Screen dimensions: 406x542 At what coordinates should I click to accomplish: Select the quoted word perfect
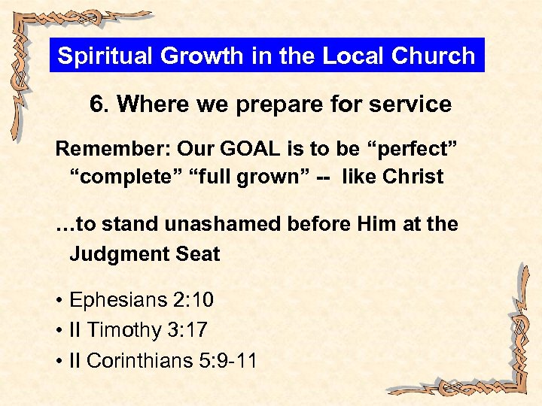click(x=413, y=148)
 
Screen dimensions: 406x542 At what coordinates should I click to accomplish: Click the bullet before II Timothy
click(x=59, y=332)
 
